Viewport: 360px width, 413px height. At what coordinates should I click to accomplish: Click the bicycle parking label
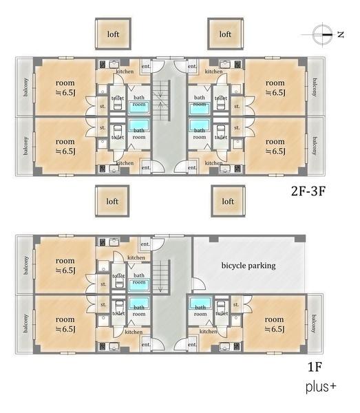point(248,266)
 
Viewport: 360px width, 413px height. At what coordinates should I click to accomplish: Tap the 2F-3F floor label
point(308,191)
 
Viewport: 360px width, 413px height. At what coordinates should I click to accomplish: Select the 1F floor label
point(315,366)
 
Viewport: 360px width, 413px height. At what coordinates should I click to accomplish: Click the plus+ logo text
point(321,387)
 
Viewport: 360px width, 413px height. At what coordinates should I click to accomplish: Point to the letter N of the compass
point(341,34)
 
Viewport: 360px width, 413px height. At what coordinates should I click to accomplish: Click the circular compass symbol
point(322,34)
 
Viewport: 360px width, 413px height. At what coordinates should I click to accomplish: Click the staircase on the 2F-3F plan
point(161,100)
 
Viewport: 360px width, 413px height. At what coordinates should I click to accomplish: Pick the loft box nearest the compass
point(225,34)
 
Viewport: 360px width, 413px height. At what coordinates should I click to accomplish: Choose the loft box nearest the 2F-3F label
point(228,201)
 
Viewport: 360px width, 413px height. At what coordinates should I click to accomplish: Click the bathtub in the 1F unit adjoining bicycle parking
point(200,303)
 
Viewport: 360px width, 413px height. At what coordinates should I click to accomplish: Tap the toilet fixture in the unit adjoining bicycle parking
point(221,307)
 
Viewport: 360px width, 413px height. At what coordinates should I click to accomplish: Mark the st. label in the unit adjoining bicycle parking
point(236,304)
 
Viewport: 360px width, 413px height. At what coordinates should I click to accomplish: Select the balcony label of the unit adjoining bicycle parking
point(314,324)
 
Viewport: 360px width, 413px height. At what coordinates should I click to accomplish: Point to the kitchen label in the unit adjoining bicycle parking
point(209,331)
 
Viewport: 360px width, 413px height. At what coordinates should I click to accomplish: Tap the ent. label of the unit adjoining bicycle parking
point(192,344)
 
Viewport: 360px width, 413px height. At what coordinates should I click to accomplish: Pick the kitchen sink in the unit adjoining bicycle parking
point(224,346)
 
